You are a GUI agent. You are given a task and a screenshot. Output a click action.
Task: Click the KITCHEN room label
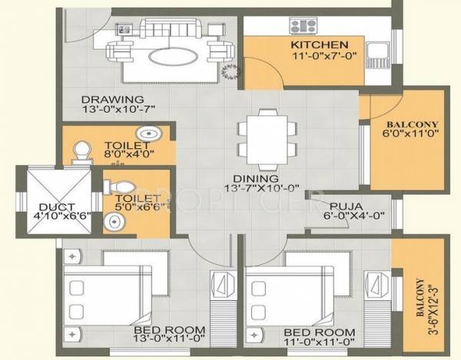(x=320, y=45)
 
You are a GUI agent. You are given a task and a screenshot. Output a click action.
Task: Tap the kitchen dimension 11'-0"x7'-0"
(x=320, y=55)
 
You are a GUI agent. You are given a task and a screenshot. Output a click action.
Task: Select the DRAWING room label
(x=112, y=99)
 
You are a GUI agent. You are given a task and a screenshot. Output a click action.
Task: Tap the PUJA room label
(x=347, y=206)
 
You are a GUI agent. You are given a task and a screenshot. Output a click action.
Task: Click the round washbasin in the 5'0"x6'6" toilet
(x=114, y=223)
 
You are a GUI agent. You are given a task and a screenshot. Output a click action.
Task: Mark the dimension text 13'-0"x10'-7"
(x=113, y=110)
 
